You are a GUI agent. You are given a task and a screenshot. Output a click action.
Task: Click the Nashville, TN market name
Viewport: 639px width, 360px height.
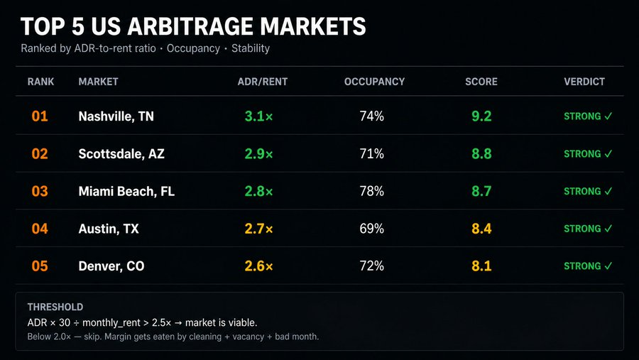pyautogui.click(x=116, y=116)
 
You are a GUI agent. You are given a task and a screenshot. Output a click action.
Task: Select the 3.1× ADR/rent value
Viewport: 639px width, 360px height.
pyautogui.click(x=258, y=116)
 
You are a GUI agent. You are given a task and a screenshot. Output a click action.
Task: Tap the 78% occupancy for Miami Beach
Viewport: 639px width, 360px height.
pyautogui.click(x=371, y=191)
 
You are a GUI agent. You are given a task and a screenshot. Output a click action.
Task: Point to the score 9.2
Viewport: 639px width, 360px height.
pyautogui.click(x=481, y=116)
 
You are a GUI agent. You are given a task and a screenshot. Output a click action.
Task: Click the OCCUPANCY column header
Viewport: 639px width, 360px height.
pyautogui.click(x=374, y=82)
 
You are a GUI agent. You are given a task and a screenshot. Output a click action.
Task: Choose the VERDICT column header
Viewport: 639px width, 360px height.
pyautogui.click(x=584, y=82)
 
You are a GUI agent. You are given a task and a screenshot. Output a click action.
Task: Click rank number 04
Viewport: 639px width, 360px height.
pyautogui.click(x=40, y=229)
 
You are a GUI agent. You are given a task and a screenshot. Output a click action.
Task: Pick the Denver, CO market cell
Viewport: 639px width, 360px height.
pyautogui.click(x=111, y=266)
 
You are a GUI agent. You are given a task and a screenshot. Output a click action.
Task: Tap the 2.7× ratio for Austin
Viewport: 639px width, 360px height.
pyautogui.click(x=258, y=229)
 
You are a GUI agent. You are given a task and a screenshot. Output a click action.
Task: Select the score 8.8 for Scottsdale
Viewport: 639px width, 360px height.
pyautogui.click(x=481, y=153)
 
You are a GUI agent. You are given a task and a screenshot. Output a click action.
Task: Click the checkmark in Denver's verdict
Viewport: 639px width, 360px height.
pyautogui.click(x=608, y=266)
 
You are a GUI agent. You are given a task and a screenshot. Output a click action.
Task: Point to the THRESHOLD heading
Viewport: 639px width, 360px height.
pyautogui.click(x=55, y=307)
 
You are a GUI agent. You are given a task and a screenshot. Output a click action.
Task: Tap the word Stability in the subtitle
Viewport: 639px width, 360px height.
pyautogui.click(x=251, y=48)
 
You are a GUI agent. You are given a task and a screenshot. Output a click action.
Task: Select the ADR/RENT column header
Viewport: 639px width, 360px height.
pyautogui.click(x=263, y=82)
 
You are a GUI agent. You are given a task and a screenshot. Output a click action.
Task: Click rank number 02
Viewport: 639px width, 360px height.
pyautogui.click(x=40, y=153)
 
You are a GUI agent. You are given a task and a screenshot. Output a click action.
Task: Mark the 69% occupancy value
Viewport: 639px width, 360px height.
pyautogui.click(x=371, y=229)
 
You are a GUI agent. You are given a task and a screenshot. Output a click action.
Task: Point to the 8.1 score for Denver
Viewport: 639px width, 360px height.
pyautogui.click(x=481, y=266)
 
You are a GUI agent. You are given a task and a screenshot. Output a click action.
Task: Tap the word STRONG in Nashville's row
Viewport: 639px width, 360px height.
pyautogui.click(x=582, y=116)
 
